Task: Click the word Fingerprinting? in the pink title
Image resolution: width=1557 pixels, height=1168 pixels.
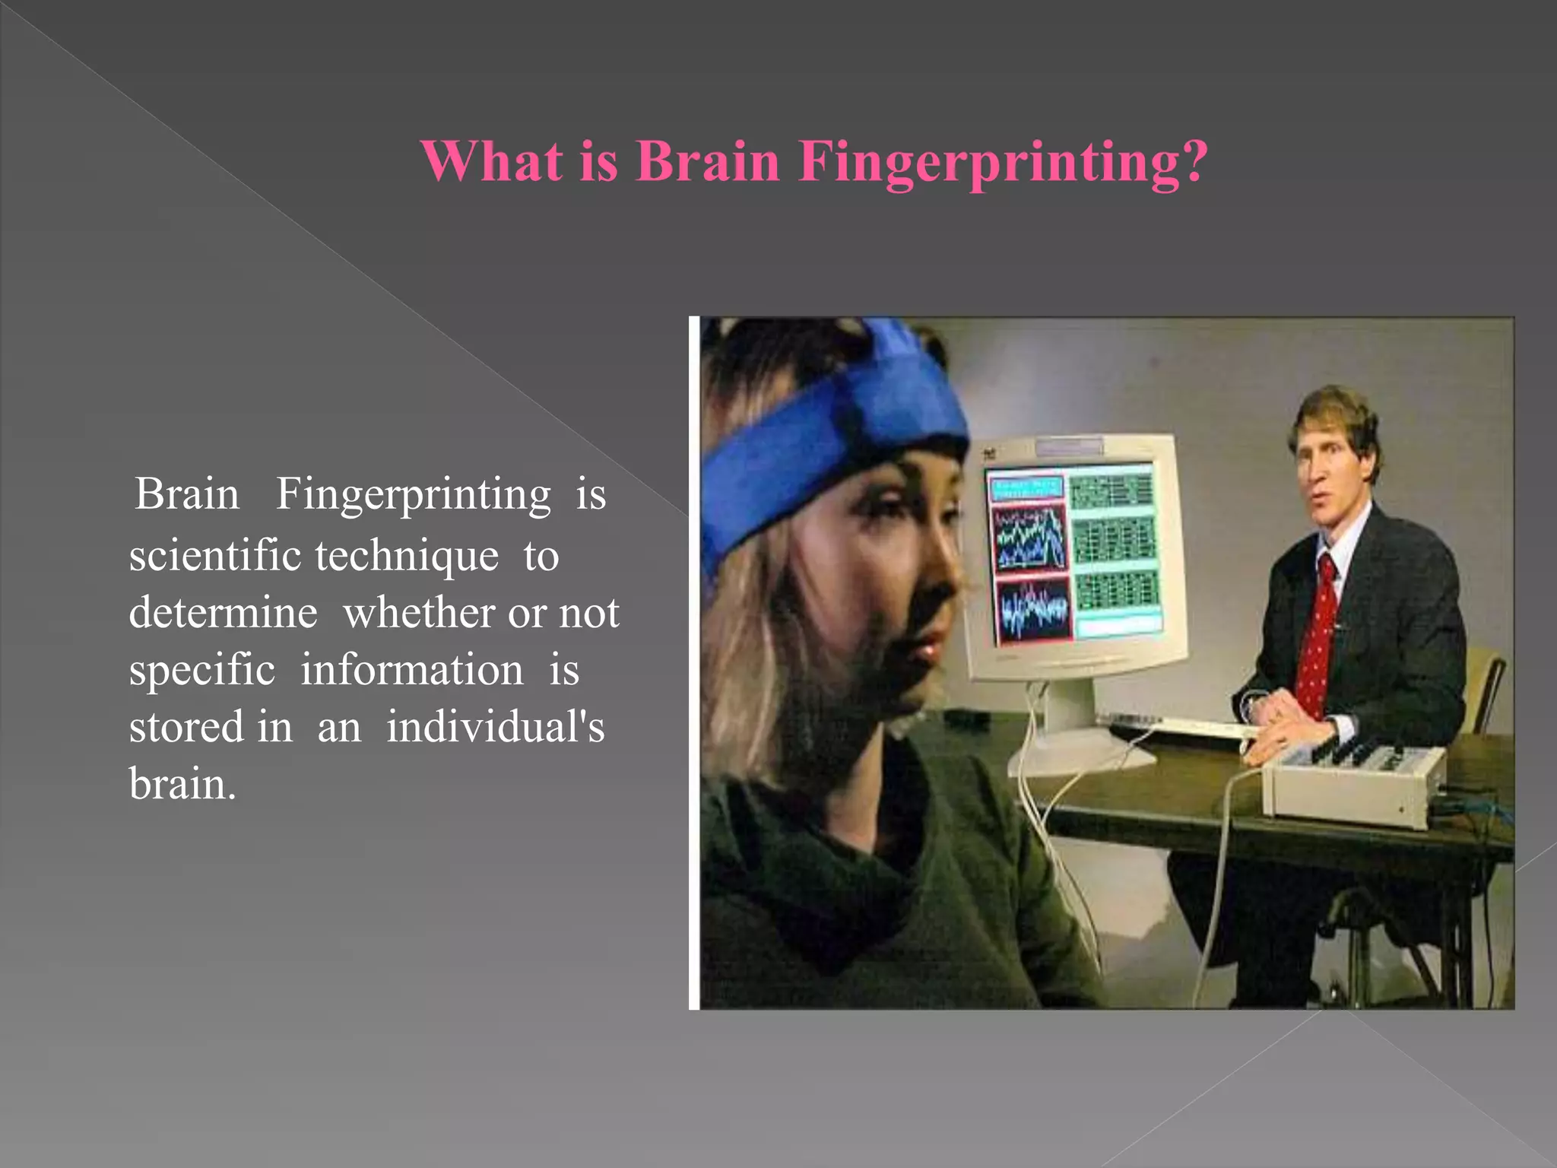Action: point(1003,161)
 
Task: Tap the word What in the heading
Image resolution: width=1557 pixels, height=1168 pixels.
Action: point(492,161)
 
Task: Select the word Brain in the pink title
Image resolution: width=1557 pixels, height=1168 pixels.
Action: point(708,161)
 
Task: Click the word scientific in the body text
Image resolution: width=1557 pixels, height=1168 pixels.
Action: point(215,555)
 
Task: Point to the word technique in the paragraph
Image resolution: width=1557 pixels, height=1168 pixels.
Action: point(407,557)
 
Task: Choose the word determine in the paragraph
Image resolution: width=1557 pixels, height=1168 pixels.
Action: point(223,613)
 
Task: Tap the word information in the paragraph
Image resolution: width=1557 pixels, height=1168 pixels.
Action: point(411,671)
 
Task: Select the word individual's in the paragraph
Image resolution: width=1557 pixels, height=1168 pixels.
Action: point(495,727)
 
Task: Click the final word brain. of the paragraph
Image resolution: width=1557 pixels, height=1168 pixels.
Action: point(182,783)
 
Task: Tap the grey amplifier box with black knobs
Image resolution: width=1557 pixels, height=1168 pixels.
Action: point(1353,783)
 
